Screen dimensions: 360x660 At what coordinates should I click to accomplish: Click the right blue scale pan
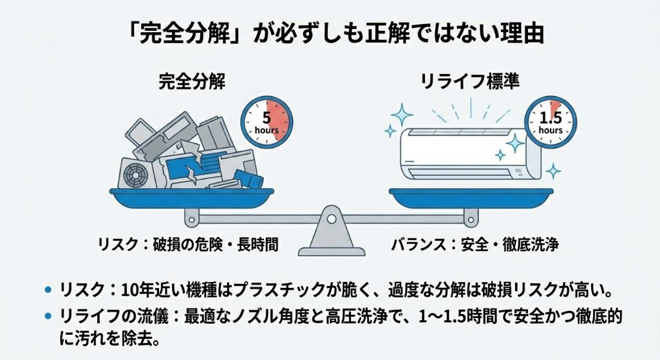point(470,196)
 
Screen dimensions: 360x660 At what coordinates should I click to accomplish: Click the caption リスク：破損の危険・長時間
point(188,245)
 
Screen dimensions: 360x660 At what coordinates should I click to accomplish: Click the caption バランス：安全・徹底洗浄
point(475,245)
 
